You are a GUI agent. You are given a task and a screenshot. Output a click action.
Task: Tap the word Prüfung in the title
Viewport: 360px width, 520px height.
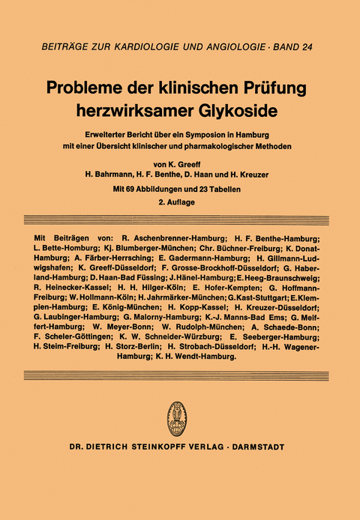(x=279, y=87)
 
